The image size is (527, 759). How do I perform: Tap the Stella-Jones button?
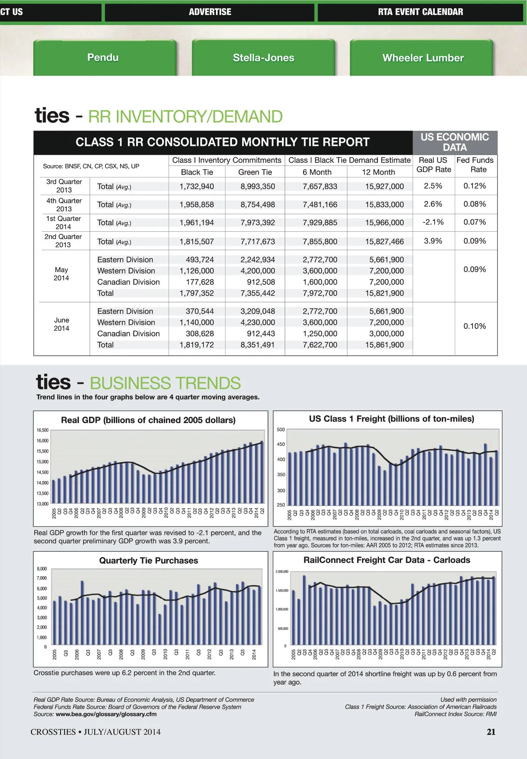point(263,58)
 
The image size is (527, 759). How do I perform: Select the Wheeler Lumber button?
point(422,58)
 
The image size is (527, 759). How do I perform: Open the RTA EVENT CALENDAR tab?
point(420,12)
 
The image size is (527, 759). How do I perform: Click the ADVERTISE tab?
point(210,12)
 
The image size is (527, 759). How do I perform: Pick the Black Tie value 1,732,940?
point(197,187)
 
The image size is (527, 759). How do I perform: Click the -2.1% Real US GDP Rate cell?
point(433,222)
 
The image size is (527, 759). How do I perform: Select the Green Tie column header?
point(255,172)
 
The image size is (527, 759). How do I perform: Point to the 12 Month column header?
point(378,172)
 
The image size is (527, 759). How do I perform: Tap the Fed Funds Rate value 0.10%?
point(474,326)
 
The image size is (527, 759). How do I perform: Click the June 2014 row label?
point(61,324)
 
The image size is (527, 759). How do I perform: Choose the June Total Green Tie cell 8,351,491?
point(257,345)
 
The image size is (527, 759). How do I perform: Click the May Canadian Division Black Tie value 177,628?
point(200,282)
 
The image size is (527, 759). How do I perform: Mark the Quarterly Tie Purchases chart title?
point(148,561)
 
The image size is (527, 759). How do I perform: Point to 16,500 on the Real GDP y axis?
point(43,430)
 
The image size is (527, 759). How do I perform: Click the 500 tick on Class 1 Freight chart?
point(281,429)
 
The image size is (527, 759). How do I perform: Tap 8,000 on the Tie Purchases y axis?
point(42,569)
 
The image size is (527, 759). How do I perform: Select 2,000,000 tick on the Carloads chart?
point(282,572)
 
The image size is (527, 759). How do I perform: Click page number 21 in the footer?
point(491,732)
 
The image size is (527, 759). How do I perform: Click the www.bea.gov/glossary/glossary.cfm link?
point(106,714)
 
